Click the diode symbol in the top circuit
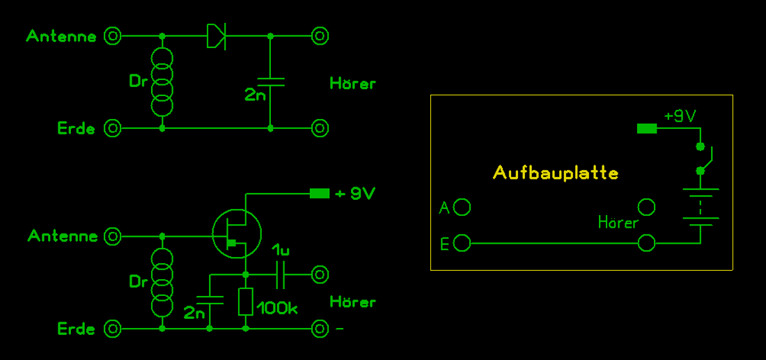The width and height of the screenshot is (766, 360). pyautogui.click(x=217, y=36)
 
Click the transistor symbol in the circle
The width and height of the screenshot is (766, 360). pyautogui.click(x=236, y=233)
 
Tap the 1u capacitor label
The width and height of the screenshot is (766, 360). pyautogui.click(x=281, y=249)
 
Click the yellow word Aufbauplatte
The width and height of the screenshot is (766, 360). pyautogui.click(x=555, y=172)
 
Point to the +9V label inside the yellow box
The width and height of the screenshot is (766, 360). pyautogui.click(x=680, y=116)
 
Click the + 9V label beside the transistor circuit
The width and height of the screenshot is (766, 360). pyautogui.click(x=354, y=194)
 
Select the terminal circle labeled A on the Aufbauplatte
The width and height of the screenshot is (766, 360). pyautogui.click(x=462, y=207)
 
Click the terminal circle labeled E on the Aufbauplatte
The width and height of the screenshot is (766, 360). pyautogui.click(x=462, y=243)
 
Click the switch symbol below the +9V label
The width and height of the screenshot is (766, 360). pyautogui.click(x=703, y=158)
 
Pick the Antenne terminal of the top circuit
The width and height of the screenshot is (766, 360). pyautogui.click(x=112, y=36)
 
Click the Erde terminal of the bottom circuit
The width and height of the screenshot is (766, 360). pyautogui.click(x=112, y=328)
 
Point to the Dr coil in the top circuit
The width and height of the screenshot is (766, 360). pyautogui.click(x=162, y=81)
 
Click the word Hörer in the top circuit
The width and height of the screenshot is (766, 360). pyautogui.click(x=352, y=84)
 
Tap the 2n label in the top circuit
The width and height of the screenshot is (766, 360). pyautogui.click(x=255, y=95)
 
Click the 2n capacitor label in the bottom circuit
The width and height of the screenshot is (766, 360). pyautogui.click(x=194, y=313)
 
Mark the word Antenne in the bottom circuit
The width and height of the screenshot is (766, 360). pyautogui.click(x=63, y=237)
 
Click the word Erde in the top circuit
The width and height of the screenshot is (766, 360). pyautogui.click(x=76, y=129)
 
